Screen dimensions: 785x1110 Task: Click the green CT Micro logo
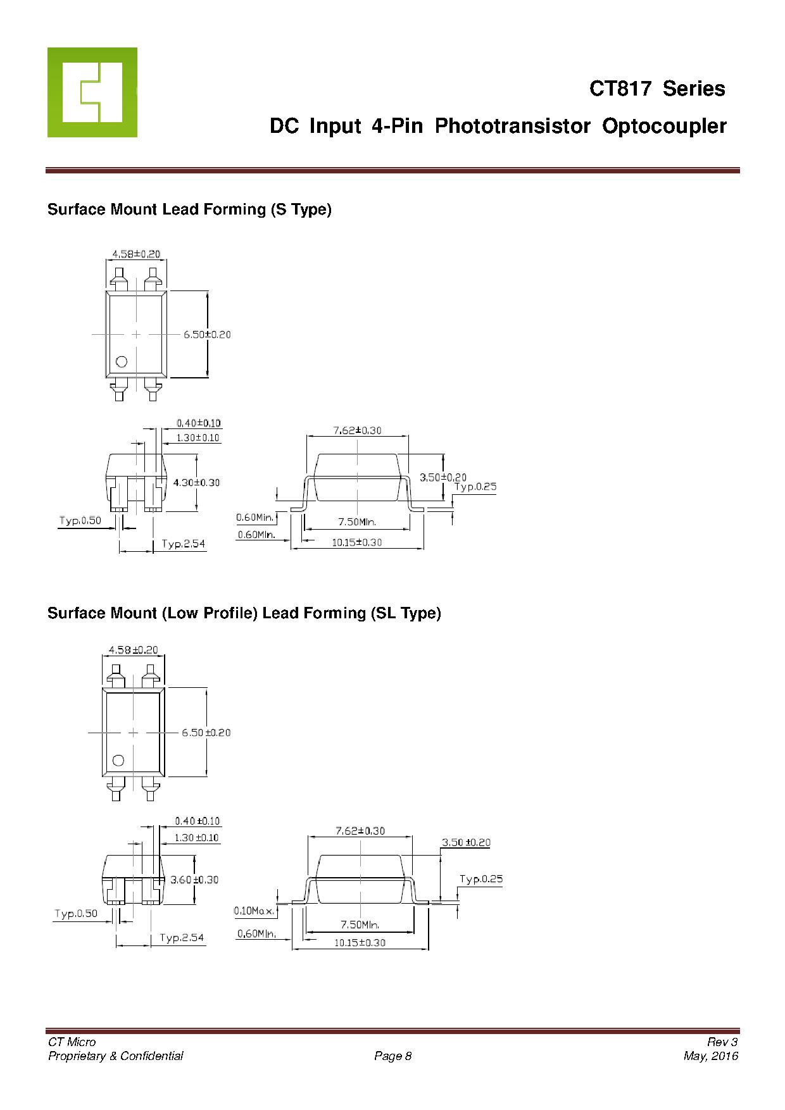point(92,92)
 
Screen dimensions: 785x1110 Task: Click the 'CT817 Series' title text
point(657,89)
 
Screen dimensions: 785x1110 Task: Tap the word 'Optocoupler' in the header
point(664,126)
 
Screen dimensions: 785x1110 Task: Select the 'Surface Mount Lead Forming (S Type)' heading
point(189,209)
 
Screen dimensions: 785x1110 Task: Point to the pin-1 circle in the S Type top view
point(122,361)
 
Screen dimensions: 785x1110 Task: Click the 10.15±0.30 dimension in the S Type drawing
point(357,542)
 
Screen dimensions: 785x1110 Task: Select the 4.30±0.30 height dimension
point(196,482)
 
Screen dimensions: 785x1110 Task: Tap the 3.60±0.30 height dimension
point(194,880)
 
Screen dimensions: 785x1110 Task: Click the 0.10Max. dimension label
point(254,911)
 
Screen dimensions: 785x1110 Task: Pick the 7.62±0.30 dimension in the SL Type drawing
point(360,831)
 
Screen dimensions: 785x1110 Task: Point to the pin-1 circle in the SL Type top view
point(118,760)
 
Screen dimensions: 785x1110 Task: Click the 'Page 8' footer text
point(393,1056)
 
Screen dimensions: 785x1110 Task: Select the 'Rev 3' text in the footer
point(722,1042)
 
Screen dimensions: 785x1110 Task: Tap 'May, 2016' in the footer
point(711,1056)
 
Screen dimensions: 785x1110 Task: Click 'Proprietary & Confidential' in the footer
point(116,1056)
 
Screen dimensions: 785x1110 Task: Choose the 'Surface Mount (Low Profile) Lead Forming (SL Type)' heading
point(244,613)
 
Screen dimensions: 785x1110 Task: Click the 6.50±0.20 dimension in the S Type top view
point(207,334)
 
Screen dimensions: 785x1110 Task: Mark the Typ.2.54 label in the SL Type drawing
point(182,937)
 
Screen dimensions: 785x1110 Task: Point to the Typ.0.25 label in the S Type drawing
point(475,487)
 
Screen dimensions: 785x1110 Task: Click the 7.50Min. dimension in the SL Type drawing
point(360,925)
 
